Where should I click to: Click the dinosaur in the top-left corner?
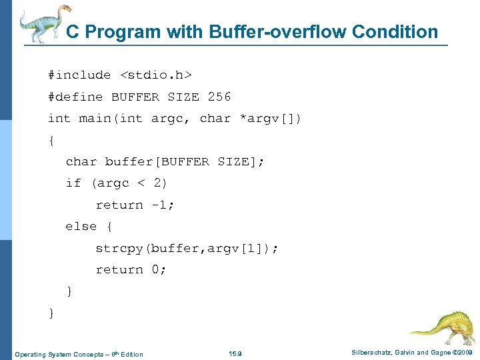click(x=44, y=23)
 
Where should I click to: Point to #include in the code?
click(x=79, y=75)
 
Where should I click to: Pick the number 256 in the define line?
click(x=219, y=97)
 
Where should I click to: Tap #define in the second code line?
click(x=75, y=97)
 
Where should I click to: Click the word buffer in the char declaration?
click(x=125, y=162)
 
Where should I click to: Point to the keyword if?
click(x=73, y=183)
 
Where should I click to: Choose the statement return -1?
click(x=135, y=205)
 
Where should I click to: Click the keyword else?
click(x=81, y=227)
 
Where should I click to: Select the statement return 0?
click(x=131, y=269)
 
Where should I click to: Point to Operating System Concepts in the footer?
click(x=57, y=353)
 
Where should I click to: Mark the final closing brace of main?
click(x=51, y=313)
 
